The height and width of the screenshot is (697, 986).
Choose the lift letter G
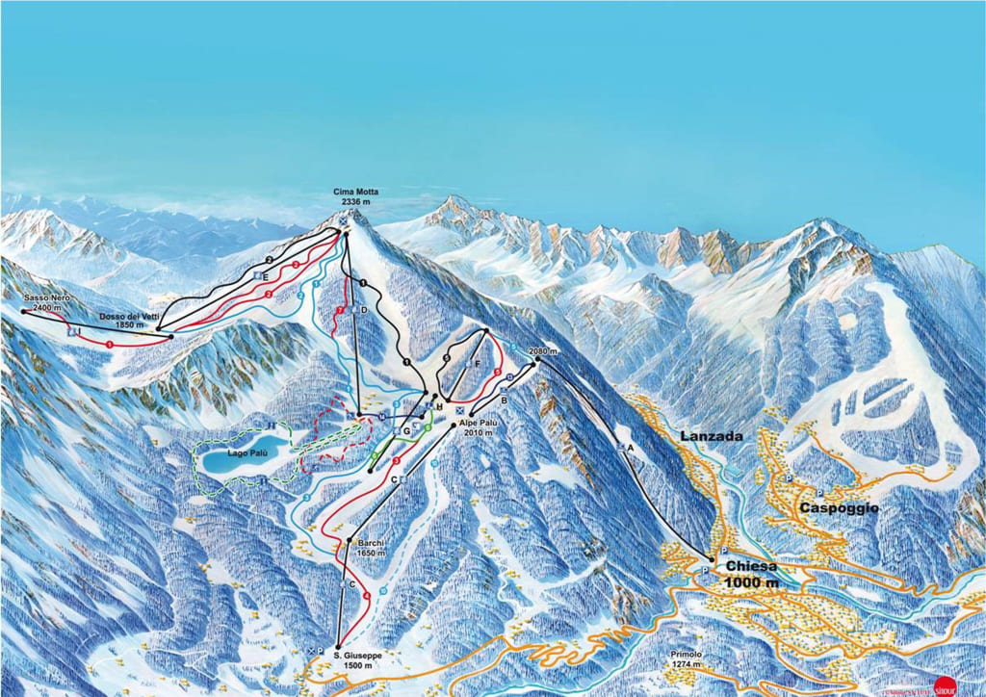click(406, 432)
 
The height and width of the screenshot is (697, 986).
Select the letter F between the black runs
click(478, 365)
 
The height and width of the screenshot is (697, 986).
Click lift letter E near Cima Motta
click(265, 276)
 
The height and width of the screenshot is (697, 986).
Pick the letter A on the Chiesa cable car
click(631, 449)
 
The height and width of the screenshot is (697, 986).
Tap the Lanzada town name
click(712, 436)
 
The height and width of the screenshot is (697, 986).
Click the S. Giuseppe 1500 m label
click(356, 659)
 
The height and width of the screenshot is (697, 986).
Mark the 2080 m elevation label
click(544, 352)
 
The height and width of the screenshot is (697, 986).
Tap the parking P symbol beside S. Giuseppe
click(319, 652)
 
